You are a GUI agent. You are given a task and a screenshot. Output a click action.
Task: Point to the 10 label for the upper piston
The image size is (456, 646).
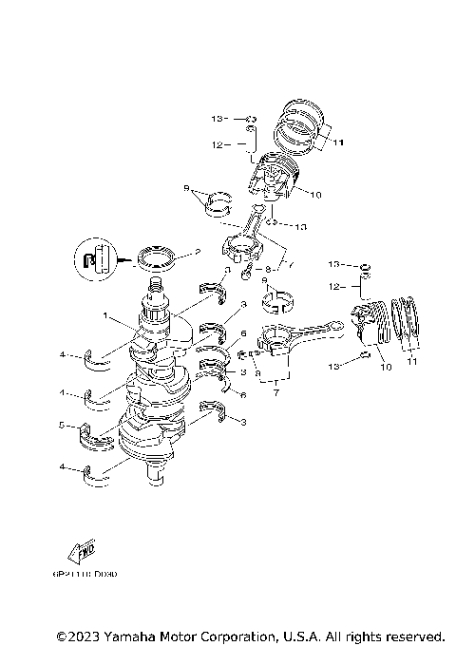click(x=314, y=195)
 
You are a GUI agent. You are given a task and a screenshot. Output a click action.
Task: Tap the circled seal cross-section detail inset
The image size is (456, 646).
click(x=92, y=257)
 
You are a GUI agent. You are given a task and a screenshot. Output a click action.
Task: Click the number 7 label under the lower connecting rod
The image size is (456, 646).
click(x=275, y=390)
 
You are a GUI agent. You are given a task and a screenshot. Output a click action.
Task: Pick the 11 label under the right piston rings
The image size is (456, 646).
click(x=411, y=362)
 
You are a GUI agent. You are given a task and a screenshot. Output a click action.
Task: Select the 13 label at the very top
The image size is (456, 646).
click(x=216, y=119)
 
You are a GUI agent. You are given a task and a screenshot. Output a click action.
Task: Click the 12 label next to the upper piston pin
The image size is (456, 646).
click(x=217, y=145)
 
